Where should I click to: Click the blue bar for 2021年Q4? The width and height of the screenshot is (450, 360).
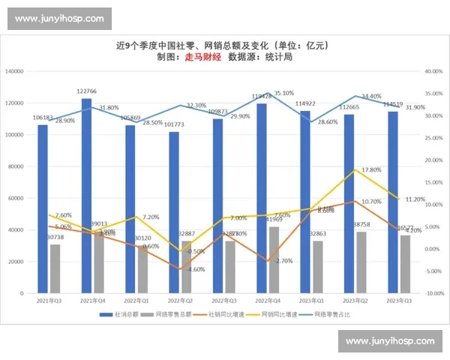point(86,195)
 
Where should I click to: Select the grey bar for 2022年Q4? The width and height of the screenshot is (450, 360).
point(274,259)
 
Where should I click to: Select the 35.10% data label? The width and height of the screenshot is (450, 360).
point(284,94)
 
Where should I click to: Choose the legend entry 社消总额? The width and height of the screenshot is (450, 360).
point(123,314)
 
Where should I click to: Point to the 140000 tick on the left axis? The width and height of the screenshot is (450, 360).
point(14,72)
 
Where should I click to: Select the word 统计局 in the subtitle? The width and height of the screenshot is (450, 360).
point(277,57)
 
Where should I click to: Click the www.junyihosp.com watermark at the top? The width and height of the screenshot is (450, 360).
point(59,18)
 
